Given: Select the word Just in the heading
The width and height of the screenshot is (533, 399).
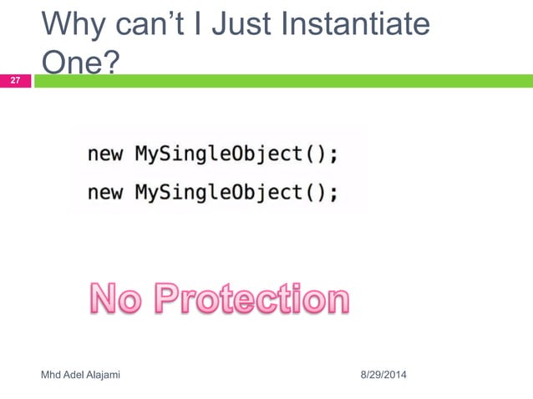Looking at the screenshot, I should (x=241, y=27).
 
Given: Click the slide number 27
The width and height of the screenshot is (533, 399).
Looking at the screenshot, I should (x=15, y=81).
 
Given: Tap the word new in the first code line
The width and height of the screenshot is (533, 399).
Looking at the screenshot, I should (x=104, y=154).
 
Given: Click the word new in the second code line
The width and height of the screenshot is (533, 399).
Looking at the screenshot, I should (x=104, y=193).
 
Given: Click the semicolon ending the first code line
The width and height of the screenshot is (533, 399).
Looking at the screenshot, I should (x=334, y=156).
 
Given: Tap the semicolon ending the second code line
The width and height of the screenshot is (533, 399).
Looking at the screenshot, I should (x=334, y=194).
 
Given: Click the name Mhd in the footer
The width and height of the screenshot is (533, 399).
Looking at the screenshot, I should (x=52, y=376).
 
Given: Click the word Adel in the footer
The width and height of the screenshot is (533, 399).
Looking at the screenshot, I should (x=74, y=376).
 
